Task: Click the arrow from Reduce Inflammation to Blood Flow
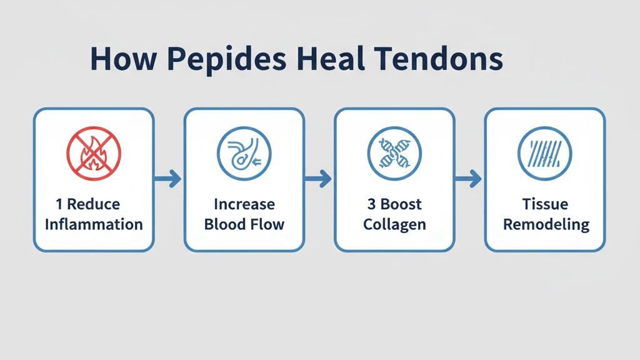point(168,179)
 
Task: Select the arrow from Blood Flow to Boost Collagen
point(319,179)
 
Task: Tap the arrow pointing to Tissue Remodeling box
point(469,179)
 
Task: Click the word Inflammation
point(94,224)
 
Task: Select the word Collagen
point(394,224)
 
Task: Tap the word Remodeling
point(546,224)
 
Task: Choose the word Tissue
point(546,204)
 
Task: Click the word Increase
point(244,204)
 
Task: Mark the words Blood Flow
point(244,224)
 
